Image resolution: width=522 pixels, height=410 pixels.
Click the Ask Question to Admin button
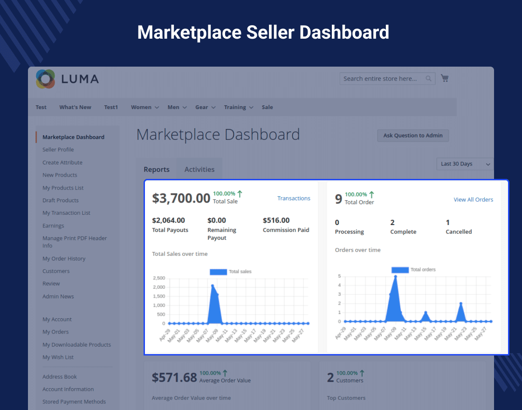pos(413,136)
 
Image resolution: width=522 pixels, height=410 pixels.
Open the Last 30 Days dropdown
pos(465,164)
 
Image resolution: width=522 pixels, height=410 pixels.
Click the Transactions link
pos(294,198)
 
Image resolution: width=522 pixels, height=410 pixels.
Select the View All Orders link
pos(473,199)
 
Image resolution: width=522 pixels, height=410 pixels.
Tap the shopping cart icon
pos(445,78)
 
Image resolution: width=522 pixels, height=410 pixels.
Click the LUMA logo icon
pos(46,79)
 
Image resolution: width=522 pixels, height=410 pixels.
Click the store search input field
pos(382,79)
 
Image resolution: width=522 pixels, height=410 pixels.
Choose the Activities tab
pos(199,170)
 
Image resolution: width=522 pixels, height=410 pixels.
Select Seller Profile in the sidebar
pos(58,150)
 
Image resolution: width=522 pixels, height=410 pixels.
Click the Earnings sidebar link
pos(53,225)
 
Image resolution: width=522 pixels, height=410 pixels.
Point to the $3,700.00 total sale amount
pos(181,198)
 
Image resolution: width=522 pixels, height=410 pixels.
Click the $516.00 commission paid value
pos(276,220)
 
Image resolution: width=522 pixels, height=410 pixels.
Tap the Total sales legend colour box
pos(218,272)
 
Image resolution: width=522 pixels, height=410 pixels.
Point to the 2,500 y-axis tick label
pos(159,278)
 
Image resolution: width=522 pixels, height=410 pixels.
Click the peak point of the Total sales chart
pos(213,286)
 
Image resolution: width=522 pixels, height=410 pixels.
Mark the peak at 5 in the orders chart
pos(396,276)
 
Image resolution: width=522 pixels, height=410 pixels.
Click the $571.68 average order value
pos(174,377)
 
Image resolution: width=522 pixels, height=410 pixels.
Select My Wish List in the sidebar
pos(58,357)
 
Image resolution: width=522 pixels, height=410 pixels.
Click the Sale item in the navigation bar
pos(267,107)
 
